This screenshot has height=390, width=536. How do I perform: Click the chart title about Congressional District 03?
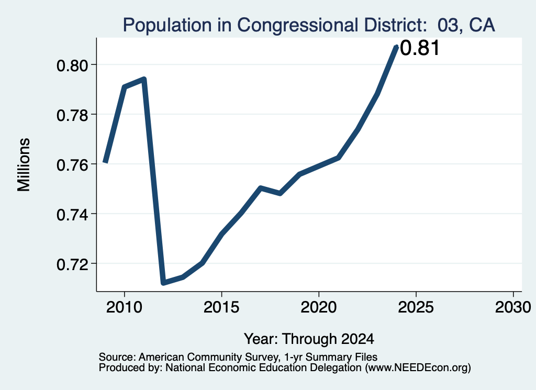[309, 25]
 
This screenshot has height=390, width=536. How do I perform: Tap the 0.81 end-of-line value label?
[419, 48]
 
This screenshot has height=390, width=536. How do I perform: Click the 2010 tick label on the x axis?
[124, 307]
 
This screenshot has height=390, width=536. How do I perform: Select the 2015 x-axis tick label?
[221, 307]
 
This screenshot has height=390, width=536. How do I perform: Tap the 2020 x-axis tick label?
[319, 307]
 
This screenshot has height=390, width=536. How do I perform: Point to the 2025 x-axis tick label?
[416, 307]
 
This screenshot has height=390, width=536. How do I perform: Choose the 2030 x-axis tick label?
[513, 307]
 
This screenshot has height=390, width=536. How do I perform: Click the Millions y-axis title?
[24, 165]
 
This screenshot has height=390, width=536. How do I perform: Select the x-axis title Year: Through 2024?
[309, 339]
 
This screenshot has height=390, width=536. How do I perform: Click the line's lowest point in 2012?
[163, 283]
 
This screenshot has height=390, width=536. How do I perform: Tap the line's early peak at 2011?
[144, 80]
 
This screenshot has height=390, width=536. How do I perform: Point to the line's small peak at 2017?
[261, 188]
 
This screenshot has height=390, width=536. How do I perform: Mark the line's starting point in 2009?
[106, 162]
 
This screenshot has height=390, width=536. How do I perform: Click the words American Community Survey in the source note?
[208, 357]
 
